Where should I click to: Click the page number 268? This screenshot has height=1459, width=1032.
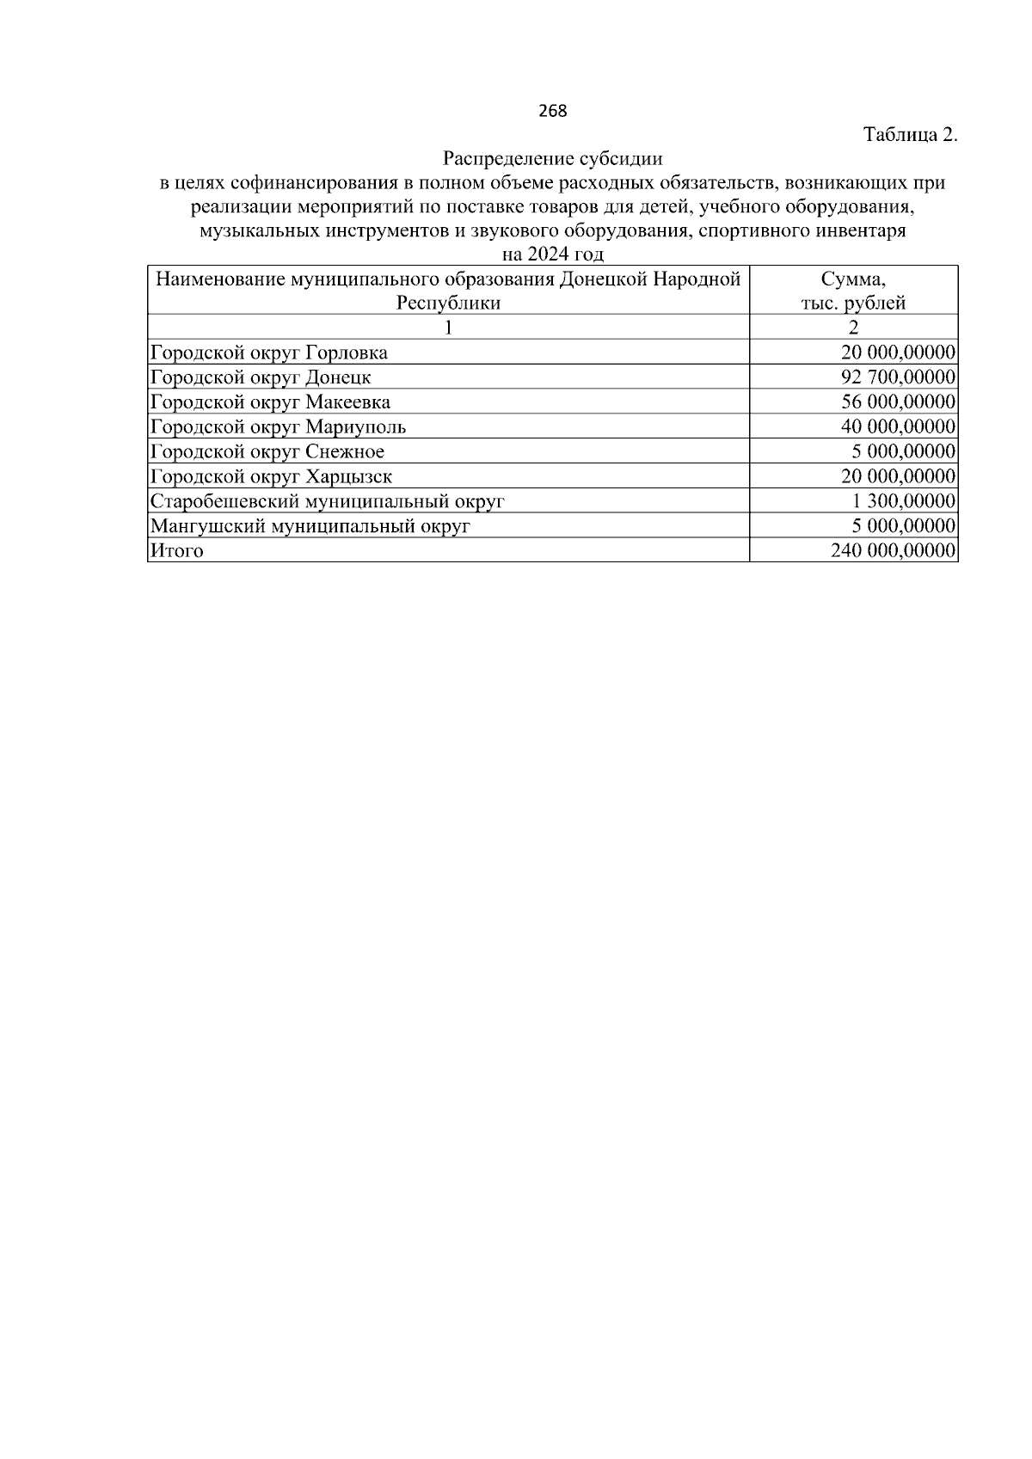553,111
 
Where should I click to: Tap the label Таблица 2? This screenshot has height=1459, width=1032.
910,135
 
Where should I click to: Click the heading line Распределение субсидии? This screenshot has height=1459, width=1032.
553,159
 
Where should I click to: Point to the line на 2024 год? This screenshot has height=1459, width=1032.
553,254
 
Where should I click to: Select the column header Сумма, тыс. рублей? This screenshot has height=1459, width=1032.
853,291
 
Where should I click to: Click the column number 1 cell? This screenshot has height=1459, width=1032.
448,328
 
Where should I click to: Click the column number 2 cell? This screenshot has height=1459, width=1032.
853,328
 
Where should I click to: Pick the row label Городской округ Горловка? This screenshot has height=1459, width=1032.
268,352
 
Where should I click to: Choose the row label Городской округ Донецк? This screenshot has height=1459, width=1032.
261,377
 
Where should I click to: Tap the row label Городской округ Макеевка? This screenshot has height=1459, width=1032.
270,402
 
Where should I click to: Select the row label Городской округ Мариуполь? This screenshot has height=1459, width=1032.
278,427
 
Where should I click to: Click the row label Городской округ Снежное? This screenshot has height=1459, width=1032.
267,452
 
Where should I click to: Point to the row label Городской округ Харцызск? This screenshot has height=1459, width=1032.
271,477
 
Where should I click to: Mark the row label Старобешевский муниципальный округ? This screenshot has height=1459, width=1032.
327,502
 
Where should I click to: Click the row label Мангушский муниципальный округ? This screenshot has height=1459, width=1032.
310,527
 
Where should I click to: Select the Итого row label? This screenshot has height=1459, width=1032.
176,551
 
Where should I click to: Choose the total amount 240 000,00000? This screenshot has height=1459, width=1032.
894,551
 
